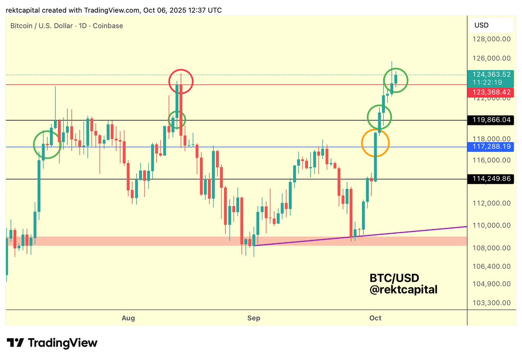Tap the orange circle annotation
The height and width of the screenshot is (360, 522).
tap(375, 143)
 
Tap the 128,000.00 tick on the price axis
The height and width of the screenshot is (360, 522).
tap(492, 39)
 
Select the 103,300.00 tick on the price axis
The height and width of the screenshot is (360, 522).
tap(492, 302)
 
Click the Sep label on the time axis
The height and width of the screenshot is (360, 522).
tap(254, 318)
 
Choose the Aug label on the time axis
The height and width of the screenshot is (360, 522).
tap(128, 318)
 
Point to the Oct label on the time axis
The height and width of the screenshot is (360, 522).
tap(375, 318)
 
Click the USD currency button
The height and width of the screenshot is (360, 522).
tap(482, 25)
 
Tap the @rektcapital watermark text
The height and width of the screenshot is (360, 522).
tap(403, 289)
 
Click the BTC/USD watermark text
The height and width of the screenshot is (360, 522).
tap(394, 278)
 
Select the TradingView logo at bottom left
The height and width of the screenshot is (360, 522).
tap(52, 343)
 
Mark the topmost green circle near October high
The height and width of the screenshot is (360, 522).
tap(396, 80)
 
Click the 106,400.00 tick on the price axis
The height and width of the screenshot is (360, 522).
tap(492, 266)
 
